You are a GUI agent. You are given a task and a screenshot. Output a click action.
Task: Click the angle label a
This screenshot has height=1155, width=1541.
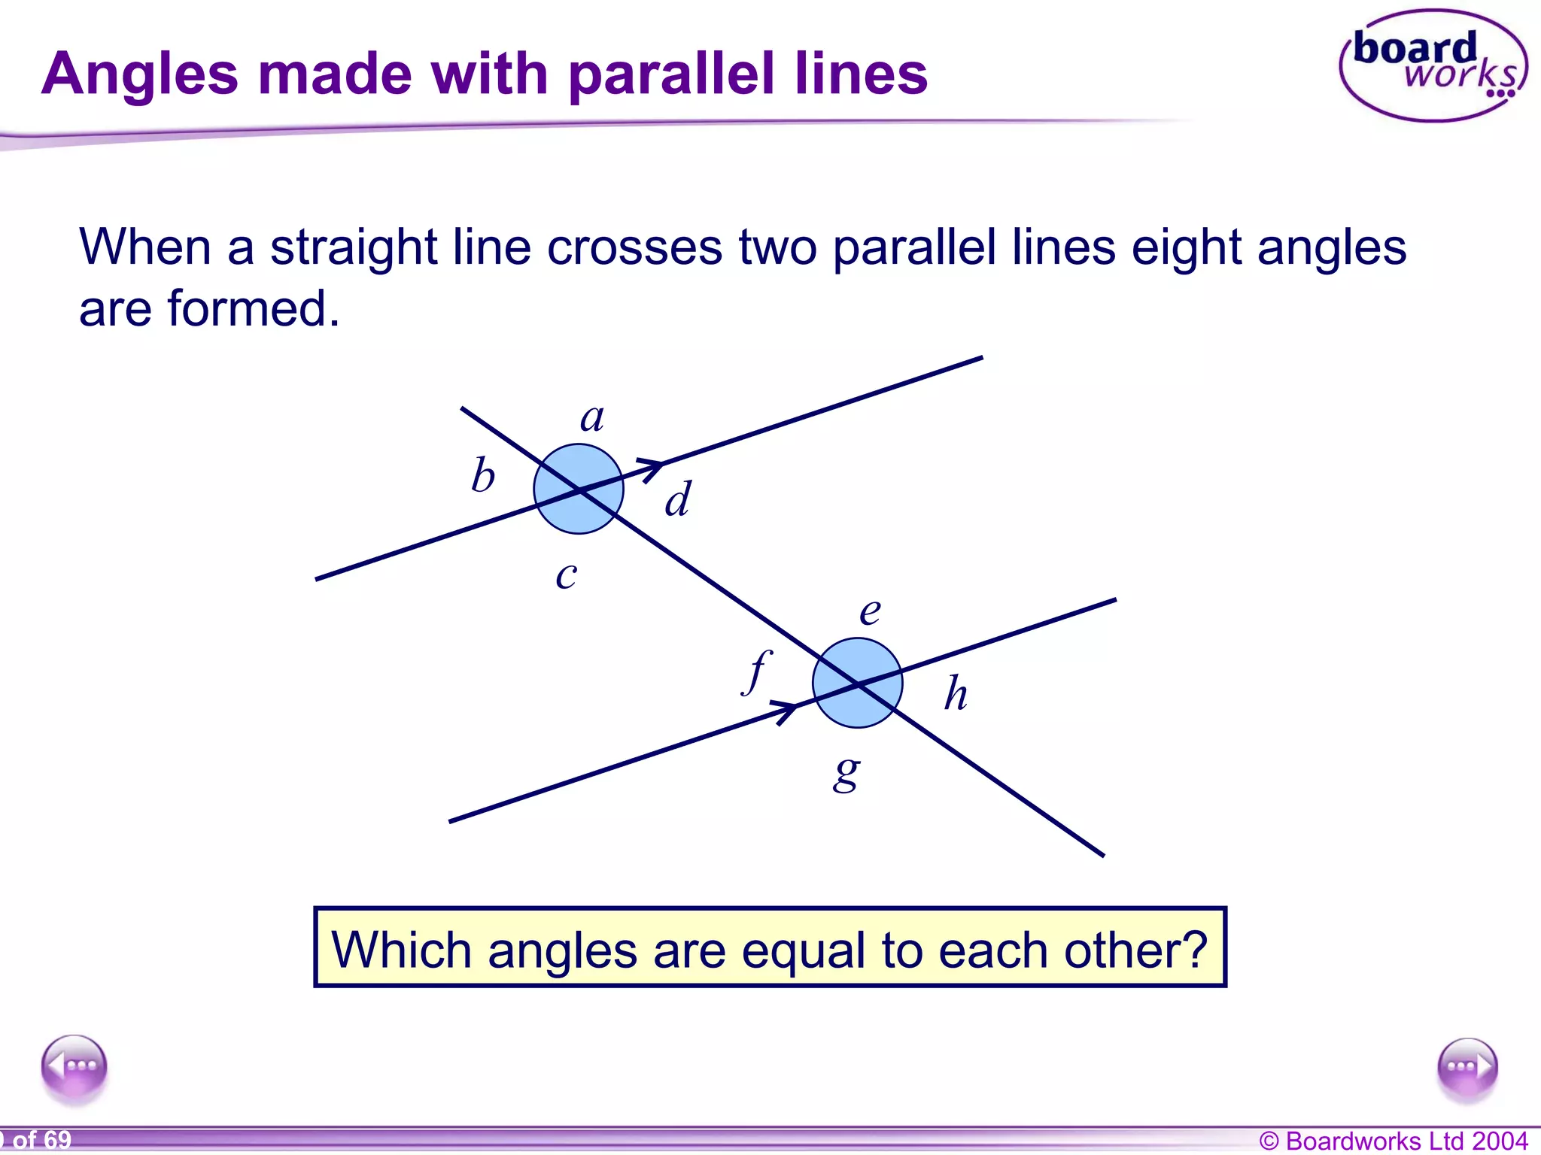[x=592, y=418]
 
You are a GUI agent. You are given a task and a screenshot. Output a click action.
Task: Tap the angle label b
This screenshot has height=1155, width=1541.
[x=483, y=476]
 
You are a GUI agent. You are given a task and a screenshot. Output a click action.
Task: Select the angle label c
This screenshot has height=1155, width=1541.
[x=567, y=576]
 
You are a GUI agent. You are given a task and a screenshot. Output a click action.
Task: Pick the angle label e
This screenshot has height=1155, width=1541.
[x=870, y=611]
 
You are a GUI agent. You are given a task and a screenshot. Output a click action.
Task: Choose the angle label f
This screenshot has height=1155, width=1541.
[x=757, y=671]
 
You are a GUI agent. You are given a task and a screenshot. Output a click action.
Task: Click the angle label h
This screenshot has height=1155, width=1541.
[x=956, y=693]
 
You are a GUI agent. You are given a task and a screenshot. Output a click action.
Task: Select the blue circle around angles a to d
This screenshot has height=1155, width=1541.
[x=579, y=489]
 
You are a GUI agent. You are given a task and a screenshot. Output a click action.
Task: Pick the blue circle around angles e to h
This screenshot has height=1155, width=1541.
[x=857, y=683]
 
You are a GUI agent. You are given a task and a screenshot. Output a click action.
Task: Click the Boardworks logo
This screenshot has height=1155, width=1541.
[x=1433, y=66]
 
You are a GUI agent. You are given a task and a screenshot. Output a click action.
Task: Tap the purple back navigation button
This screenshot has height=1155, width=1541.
[x=74, y=1066]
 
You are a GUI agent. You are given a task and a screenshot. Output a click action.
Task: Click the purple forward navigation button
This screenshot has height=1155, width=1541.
[x=1467, y=1067]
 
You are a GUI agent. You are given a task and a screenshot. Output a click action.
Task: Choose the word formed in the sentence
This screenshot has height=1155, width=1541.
[x=254, y=308]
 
